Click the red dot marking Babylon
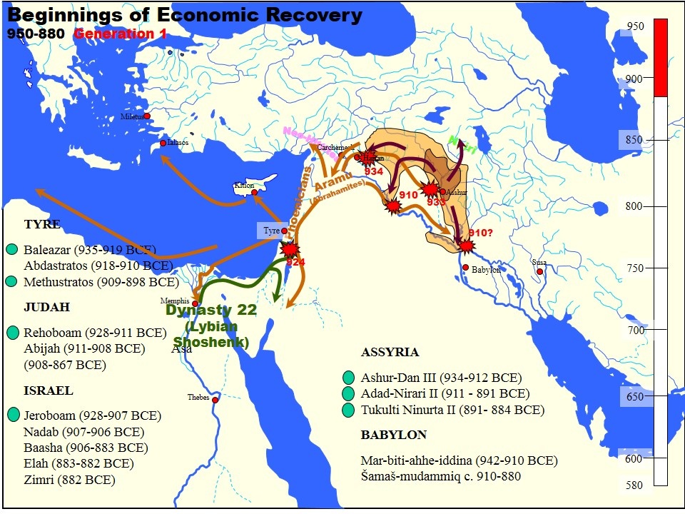click(465, 268)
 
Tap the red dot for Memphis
click(195, 303)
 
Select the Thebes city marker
click(215, 400)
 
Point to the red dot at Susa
click(539, 271)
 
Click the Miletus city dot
click(147, 116)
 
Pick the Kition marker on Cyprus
click(255, 192)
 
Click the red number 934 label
click(374, 172)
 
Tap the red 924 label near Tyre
click(296, 262)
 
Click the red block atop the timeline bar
click(661, 57)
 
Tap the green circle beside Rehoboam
click(12, 333)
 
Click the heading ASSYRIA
click(390, 353)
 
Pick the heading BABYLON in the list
click(394, 435)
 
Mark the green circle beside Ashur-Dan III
click(348, 378)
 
